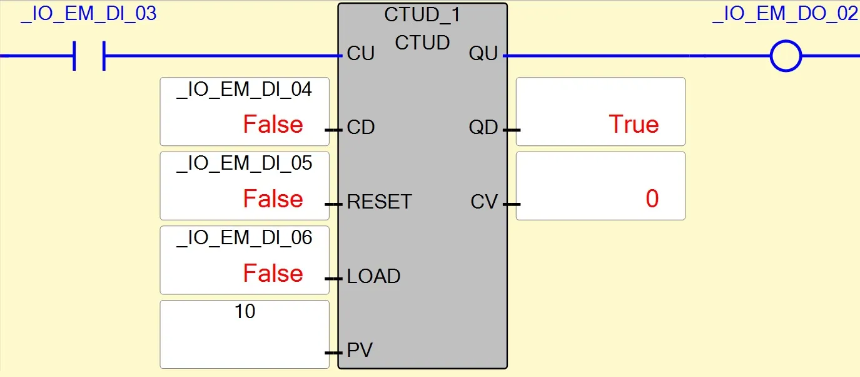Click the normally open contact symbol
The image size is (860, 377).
(x=89, y=56)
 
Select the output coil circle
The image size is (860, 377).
(x=786, y=56)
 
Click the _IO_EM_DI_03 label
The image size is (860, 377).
(x=88, y=14)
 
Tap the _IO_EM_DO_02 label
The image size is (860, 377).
(x=785, y=14)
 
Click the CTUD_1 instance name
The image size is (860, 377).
(x=422, y=14)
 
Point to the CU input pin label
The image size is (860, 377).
(x=360, y=54)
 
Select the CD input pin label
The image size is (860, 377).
(x=360, y=128)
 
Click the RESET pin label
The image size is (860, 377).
(x=379, y=202)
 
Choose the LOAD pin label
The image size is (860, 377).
(x=373, y=276)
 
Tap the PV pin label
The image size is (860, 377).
(x=360, y=350)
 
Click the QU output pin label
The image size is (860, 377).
(x=483, y=54)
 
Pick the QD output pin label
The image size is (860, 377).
(x=483, y=128)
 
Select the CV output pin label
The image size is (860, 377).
(x=484, y=202)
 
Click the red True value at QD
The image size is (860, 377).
(x=634, y=125)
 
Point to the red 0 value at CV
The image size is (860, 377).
(x=652, y=199)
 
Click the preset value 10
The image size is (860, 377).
(x=245, y=311)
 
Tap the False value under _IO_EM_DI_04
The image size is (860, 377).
(x=273, y=125)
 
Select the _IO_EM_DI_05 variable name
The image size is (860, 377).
(x=244, y=163)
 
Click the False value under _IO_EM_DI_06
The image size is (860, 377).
(x=273, y=274)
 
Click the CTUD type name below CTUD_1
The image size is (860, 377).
(x=422, y=43)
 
